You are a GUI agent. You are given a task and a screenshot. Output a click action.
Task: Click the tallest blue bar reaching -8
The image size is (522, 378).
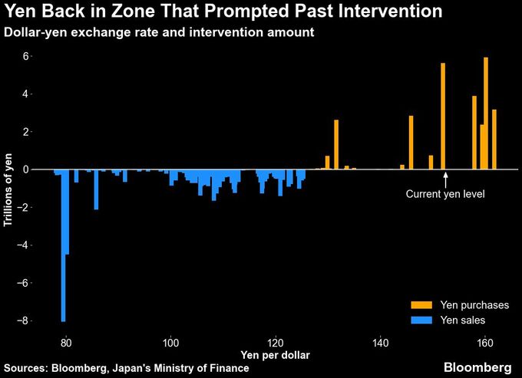click(63, 245)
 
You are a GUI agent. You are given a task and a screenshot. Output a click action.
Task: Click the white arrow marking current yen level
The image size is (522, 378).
click(446, 179)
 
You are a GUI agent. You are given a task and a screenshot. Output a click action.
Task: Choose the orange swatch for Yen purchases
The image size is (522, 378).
click(421, 305)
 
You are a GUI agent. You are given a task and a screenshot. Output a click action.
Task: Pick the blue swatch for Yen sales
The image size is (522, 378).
click(421, 320)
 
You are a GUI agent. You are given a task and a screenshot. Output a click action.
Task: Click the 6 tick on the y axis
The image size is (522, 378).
click(25, 57)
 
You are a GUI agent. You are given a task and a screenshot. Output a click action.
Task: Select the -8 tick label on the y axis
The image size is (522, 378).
click(23, 320)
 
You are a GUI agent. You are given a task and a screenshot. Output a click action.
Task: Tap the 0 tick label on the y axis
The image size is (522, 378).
click(25, 169)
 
